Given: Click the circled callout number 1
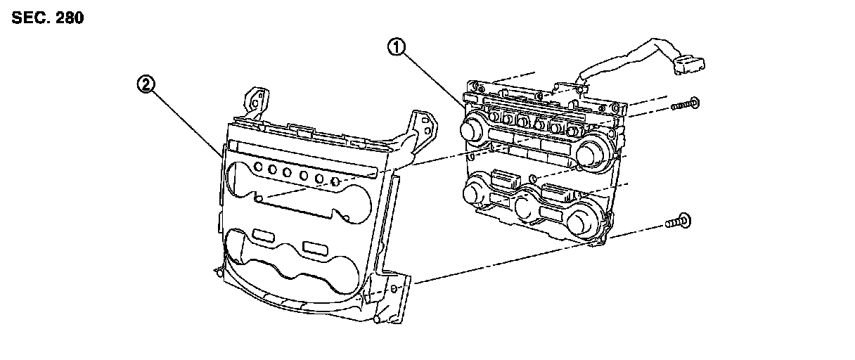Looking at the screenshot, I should click(x=398, y=49).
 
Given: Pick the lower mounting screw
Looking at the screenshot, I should click(x=678, y=224).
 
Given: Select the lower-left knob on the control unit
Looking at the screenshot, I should click(x=473, y=191).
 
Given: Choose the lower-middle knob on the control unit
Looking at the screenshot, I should click(x=525, y=207).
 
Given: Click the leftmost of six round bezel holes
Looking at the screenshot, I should click(x=258, y=167).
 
